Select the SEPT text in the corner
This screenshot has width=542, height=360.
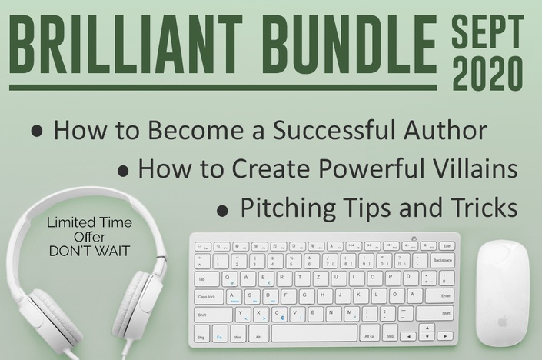(487, 31)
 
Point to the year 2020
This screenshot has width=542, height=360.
(487, 73)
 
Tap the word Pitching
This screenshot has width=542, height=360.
(288, 208)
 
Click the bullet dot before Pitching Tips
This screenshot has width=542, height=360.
(223, 211)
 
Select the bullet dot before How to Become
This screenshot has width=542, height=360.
(37, 132)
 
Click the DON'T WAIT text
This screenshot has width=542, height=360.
(89, 251)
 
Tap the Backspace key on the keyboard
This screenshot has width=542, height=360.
(442, 261)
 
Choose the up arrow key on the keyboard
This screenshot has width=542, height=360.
(428, 328)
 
